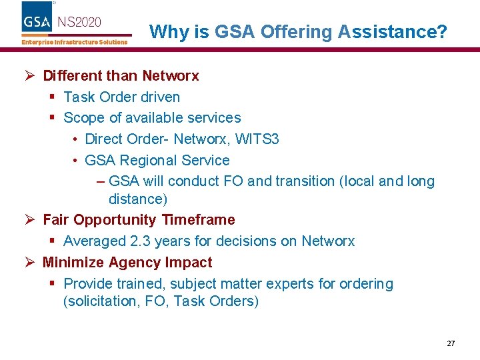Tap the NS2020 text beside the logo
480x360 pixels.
click(x=79, y=21)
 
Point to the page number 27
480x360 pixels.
click(x=451, y=343)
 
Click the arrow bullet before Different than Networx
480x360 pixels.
click(x=30, y=75)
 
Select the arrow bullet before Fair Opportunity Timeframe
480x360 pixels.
click(x=30, y=219)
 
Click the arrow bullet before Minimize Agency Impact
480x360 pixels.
click(x=30, y=262)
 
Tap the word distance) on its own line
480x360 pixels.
click(x=137, y=199)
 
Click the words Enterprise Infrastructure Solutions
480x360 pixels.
click(x=74, y=42)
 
